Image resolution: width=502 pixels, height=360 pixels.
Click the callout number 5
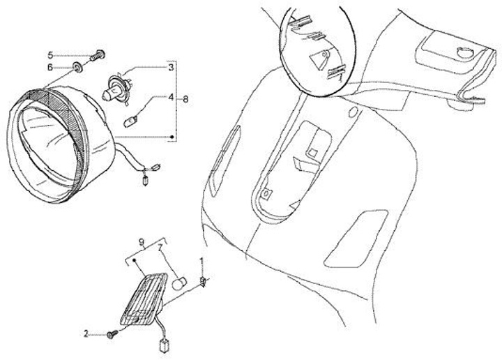(50, 55)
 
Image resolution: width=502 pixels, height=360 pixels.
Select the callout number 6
(50, 67)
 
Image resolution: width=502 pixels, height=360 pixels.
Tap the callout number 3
(172, 67)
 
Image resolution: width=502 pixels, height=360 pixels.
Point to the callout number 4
(172, 96)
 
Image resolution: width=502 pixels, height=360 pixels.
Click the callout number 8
(185, 99)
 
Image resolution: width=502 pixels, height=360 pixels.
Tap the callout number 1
(201, 261)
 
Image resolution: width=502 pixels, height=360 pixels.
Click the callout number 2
(86, 333)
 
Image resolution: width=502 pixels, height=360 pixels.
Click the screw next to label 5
(98, 55)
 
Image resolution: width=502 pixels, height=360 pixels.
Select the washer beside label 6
(77, 67)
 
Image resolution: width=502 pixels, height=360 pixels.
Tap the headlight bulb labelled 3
(117, 87)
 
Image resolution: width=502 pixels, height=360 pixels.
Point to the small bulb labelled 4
(130, 122)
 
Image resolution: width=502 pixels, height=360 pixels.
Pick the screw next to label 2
(112, 334)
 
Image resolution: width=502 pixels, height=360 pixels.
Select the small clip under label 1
(202, 282)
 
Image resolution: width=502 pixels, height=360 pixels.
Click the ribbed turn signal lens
(144, 299)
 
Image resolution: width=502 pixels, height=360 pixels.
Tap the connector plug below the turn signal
(164, 346)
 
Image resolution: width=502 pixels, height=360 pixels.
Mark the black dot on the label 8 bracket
(172, 137)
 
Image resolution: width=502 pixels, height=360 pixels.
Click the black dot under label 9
(135, 261)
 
